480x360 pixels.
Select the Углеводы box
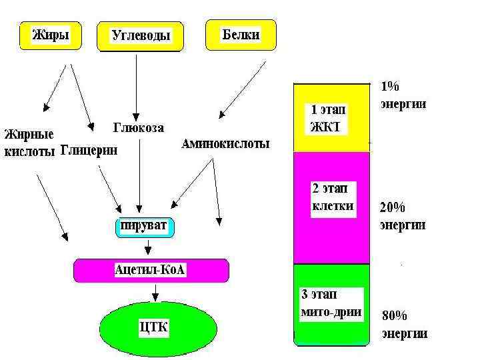tap(140, 37)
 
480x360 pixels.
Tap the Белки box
tap(241, 34)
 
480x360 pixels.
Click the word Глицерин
tap(89, 151)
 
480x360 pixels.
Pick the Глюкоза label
tap(139, 127)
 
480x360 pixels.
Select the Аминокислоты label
tap(226, 144)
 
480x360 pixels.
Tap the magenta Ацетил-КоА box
tap(150, 270)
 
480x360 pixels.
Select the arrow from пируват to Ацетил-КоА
tap(149, 248)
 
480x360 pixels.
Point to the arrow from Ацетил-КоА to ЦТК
tap(155, 293)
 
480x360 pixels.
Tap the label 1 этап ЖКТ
tap(328, 119)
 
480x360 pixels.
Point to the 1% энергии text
tap(403, 95)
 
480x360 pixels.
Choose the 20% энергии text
tap(403, 216)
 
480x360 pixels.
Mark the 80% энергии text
tap(404, 325)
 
